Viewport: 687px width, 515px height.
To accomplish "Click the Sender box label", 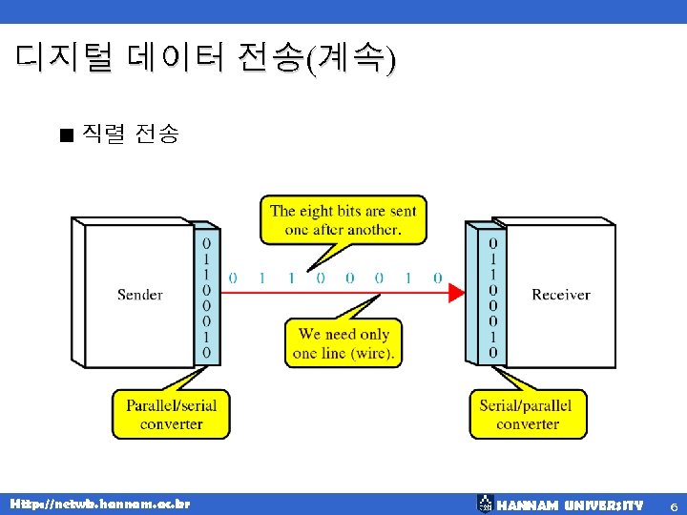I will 140,295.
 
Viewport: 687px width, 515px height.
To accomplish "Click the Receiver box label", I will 560,295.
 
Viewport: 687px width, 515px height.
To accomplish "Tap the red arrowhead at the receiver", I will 456,293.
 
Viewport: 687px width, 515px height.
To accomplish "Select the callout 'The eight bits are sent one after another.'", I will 343,220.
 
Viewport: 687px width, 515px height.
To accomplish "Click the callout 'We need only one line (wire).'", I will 343,343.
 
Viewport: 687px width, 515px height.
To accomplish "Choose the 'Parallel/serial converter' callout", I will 172,414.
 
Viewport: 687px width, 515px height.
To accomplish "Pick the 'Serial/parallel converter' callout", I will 527,414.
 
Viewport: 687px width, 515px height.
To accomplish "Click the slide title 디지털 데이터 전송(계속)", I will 204,59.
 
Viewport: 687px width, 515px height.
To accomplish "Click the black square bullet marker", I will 65,135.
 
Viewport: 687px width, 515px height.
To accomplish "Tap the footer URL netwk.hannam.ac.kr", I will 99,503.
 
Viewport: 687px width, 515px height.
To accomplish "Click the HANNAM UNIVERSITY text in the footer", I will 570,504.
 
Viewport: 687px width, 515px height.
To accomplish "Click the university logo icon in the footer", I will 485,503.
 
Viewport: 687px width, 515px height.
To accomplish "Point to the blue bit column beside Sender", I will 207,297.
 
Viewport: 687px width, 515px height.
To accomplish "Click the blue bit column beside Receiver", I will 492,297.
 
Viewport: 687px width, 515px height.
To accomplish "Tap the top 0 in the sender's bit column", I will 207,243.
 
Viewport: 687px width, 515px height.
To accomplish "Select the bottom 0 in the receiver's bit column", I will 492,353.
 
